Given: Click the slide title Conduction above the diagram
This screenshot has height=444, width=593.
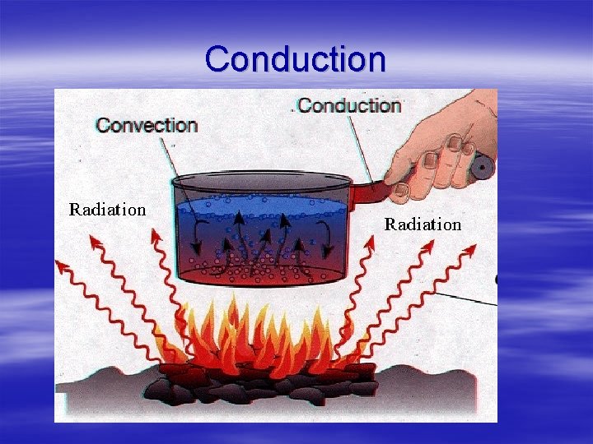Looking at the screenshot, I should click(295, 59).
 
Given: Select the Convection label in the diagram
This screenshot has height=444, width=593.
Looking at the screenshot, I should click(147, 126).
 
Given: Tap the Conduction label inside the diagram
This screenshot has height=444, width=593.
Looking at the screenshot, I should click(348, 105).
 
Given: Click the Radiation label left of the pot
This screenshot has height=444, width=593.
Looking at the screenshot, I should click(107, 209).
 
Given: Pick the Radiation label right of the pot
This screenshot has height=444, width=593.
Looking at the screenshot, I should click(423, 224).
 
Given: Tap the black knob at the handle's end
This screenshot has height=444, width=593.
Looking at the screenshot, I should click(481, 168).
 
